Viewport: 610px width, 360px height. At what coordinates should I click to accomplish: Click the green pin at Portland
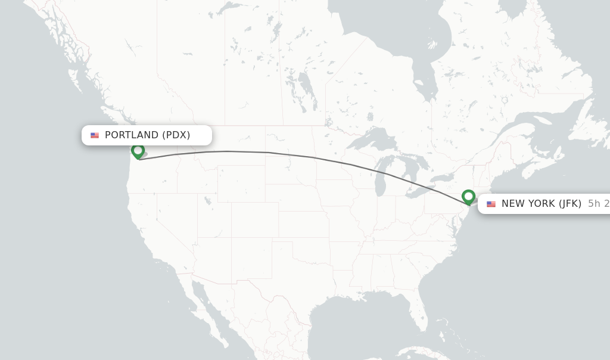pos(138,151)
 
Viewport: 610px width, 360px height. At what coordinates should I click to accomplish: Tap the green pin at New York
pos(468,196)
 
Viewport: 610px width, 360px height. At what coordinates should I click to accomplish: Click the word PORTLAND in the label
pos(132,135)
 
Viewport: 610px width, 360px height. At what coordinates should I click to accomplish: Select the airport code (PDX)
pos(176,135)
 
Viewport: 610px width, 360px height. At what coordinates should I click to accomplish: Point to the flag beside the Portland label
pos(95,135)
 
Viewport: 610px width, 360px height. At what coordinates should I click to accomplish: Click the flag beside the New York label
pos(491,204)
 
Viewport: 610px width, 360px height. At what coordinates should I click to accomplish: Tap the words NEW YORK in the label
pos(528,204)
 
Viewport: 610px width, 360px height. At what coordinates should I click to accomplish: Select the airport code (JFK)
pos(569,204)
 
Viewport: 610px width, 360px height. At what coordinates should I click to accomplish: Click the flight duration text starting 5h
pos(598,204)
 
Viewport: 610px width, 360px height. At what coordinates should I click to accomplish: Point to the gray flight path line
pos(268,153)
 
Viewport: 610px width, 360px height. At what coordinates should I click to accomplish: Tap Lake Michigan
pos(381,176)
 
